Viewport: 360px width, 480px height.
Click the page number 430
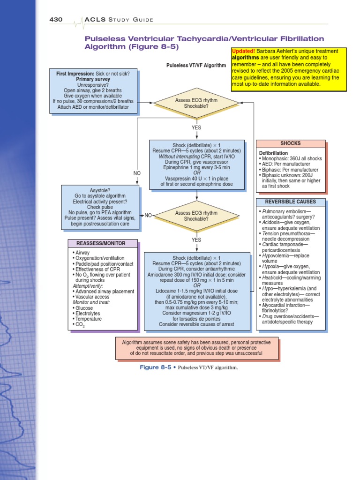click(x=57, y=19)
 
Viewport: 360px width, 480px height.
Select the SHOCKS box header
click(x=290, y=143)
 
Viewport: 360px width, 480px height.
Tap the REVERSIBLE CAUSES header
click(x=291, y=202)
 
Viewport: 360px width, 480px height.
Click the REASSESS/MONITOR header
click(x=103, y=243)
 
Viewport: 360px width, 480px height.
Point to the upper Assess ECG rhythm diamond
click(x=196, y=103)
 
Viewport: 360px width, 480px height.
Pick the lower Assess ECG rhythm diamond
click(x=196, y=216)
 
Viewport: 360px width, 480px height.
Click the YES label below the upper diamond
click(x=196, y=127)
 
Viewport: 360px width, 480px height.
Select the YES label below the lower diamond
click(x=196, y=240)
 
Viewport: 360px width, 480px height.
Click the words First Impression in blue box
click(x=75, y=74)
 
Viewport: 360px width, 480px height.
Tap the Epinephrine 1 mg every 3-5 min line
click(x=196, y=167)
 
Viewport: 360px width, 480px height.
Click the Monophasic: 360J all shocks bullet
click(x=291, y=159)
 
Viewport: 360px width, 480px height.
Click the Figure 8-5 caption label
click(x=156, y=367)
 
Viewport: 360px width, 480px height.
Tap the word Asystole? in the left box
click(x=99, y=190)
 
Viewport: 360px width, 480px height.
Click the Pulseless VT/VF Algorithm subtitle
click(x=196, y=66)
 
